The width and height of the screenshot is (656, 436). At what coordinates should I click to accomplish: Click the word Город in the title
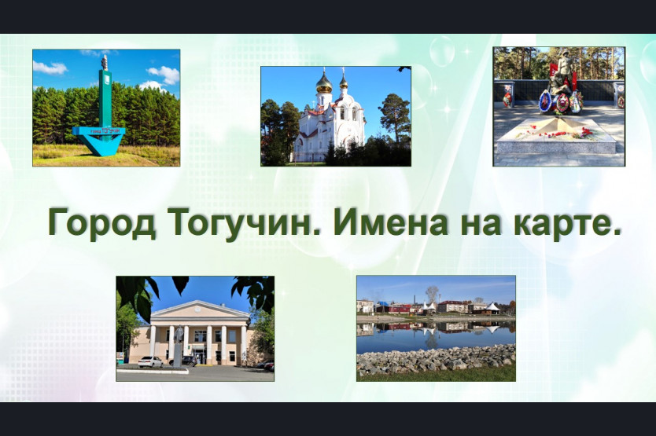102,223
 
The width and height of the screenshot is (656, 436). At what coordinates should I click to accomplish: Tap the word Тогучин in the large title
244,223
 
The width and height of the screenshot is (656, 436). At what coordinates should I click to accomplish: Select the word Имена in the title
391,222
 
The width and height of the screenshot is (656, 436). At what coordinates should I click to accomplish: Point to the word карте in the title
562,223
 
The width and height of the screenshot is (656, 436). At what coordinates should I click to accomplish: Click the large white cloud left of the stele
50,68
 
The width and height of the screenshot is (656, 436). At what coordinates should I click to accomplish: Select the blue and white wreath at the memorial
545,101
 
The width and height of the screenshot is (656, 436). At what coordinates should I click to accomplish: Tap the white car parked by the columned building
150,362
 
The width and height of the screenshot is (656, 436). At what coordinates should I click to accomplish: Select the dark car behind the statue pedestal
189,361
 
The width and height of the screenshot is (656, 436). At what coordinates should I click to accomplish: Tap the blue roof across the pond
383,304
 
